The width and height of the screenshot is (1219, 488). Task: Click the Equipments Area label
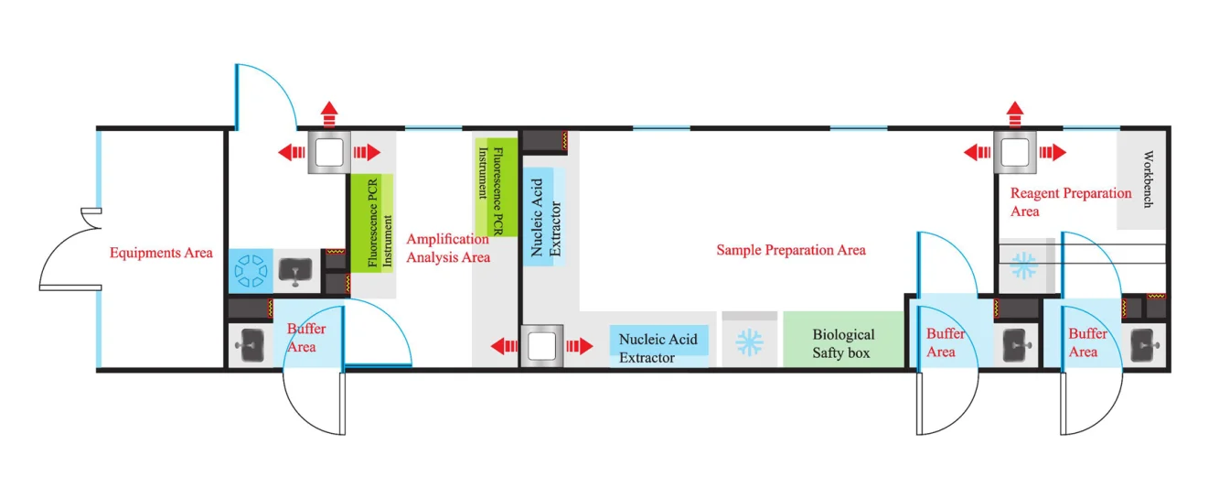click(161, 253)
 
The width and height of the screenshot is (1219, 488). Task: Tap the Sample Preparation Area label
click(791, 250)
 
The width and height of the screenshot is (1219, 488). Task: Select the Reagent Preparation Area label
click(1071, 202)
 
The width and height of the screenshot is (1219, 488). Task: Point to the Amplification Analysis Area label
click(448, 248)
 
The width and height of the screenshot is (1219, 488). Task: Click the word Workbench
click(1148, 179)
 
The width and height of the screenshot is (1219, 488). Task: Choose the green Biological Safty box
click(843, 340)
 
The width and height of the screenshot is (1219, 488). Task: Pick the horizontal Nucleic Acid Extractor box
click(658, 346)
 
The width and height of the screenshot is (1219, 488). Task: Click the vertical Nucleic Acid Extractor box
click(544, 217)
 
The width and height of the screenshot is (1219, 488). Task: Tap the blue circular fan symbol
click(251, 271)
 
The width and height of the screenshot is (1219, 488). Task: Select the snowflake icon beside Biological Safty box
click(749, 342)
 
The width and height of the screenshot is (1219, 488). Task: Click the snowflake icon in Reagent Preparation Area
click(1023, 266)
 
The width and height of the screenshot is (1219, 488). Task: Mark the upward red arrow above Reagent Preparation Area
click(1015, 114)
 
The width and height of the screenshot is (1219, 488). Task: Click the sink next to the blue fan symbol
click(295, 271)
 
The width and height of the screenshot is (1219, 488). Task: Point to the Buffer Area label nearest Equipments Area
click(305, 338)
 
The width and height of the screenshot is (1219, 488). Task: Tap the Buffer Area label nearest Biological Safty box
click(946, 342)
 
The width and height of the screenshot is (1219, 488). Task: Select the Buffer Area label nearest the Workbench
click(1087, 342)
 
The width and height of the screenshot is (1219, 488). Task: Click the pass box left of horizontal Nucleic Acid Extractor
click(542, 346)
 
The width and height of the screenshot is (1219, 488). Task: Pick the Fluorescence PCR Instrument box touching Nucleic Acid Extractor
click(497, 188)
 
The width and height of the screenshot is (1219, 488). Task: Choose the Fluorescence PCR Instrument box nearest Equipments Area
click(371, 223)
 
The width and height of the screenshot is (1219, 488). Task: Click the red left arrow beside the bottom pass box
click(504, 346)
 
